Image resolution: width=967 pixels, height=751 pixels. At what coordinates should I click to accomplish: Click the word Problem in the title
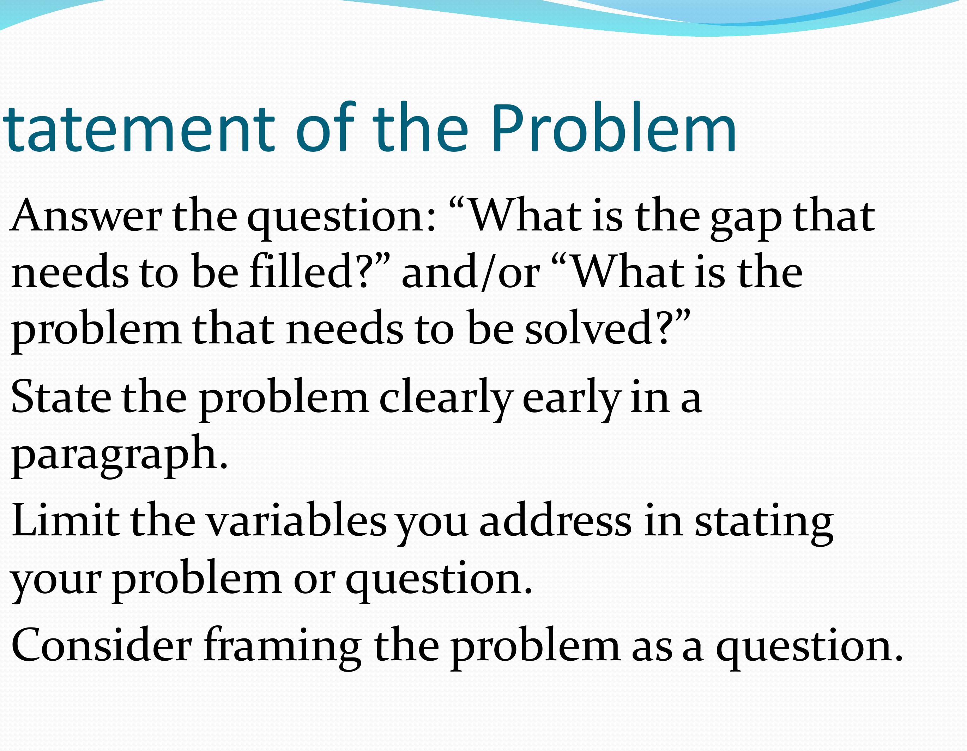click(613, 127)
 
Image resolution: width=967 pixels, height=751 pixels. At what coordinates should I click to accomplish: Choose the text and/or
click(471, 271)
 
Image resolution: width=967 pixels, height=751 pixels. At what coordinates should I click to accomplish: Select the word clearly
click(446, 399)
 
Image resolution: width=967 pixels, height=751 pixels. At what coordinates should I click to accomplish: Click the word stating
click(764, 523)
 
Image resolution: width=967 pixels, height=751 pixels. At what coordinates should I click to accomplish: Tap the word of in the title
click(325, 127)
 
